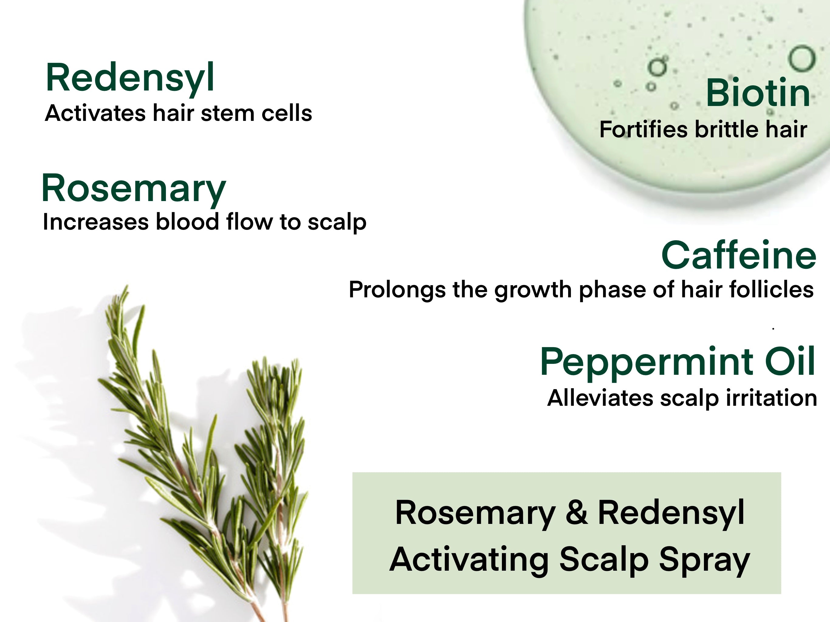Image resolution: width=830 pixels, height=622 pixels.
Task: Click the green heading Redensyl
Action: click(130, 78)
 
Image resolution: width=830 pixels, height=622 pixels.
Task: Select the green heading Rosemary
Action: click(134, 188)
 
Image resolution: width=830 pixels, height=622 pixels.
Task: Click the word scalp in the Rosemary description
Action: click(337, 222)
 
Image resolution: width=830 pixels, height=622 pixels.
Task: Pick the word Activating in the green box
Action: click(469, 559)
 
